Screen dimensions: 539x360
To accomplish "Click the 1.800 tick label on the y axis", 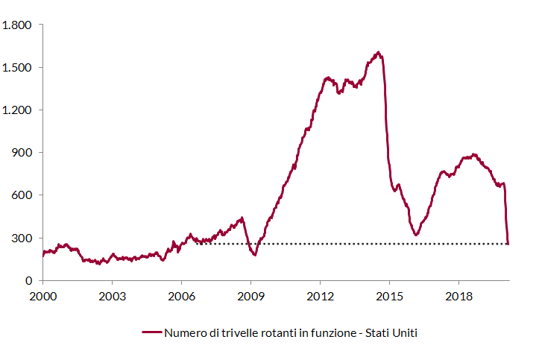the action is click(16, 25).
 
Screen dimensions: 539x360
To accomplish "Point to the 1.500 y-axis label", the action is click(16, 68).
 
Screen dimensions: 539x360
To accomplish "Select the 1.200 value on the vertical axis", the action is click(16, 110).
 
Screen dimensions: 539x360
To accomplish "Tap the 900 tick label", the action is click(22, 153).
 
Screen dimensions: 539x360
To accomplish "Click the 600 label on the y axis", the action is click(22, 195).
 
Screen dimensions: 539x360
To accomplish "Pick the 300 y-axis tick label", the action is click(22, 238).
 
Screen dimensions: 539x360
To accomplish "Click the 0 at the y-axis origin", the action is click(28, 281).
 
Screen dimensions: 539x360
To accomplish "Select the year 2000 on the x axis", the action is click(43, 296).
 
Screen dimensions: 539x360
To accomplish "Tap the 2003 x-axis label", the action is click(113, 296).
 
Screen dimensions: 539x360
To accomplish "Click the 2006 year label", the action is click(181, 296).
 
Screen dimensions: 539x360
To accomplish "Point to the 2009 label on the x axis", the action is click(251, 296).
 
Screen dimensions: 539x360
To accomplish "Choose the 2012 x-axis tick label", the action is click(321, 296).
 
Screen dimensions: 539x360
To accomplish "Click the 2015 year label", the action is click(389, 296).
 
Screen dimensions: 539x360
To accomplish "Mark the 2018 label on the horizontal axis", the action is click(459, 296).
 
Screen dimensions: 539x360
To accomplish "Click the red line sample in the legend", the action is click(152, 332).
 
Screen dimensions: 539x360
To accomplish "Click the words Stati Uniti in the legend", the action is click(391, 333).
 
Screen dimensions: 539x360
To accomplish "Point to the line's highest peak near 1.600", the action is click(378, 53).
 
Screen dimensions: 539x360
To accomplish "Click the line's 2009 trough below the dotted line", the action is click(255, 255).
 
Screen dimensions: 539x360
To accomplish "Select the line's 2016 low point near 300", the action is click(416, 235).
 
